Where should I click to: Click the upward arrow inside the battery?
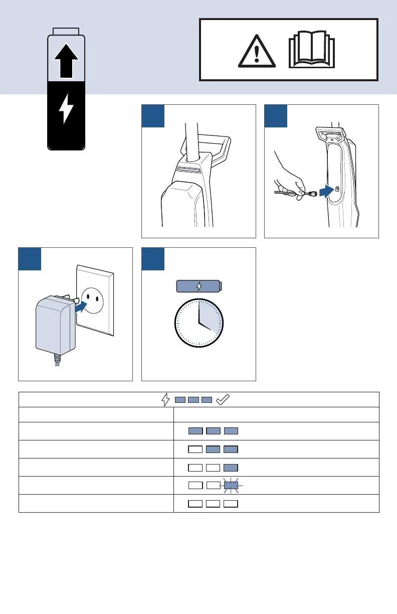(66, 58)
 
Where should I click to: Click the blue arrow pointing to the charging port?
(326, 191)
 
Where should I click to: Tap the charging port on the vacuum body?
(337, 190)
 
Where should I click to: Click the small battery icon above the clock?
(199, 286)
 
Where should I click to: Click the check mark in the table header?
(222, 400)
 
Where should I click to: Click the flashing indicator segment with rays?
(231, 486)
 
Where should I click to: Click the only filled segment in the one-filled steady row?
(231, 468)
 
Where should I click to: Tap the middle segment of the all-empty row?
(213, 503)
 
